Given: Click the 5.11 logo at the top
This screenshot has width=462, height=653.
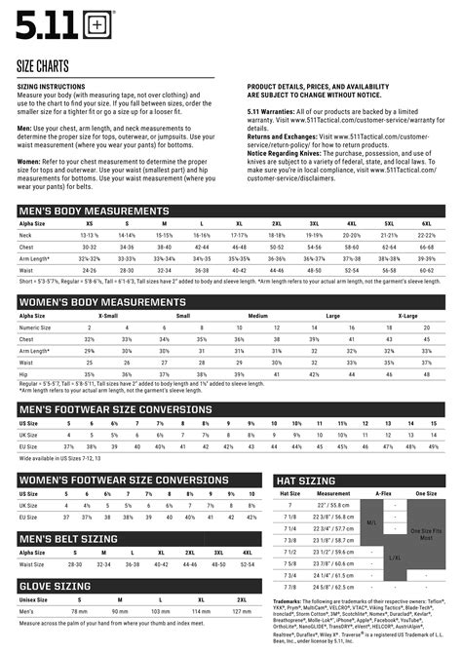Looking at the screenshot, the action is (46, 20).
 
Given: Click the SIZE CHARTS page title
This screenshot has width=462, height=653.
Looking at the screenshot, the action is (47, 64).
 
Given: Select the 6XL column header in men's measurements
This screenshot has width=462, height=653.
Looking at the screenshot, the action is (426, 223).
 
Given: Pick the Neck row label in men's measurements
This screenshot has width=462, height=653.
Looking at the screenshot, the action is (26, 235).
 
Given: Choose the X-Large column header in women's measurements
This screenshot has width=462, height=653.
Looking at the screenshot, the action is (407, 315).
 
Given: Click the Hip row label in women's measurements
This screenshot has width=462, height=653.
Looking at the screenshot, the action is (24, 373).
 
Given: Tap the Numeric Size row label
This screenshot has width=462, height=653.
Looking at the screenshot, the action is (36, 327).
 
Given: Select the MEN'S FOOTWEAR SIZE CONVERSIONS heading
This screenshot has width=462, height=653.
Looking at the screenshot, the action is (115, 409).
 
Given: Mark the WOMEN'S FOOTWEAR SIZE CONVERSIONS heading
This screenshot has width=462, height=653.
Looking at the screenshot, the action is (124, 480).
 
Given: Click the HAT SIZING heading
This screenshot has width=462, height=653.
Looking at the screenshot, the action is (307, 480).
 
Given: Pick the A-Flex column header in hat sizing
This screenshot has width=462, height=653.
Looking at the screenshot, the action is (383, 493).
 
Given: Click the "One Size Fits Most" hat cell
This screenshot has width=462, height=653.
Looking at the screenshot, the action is (426, 533).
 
